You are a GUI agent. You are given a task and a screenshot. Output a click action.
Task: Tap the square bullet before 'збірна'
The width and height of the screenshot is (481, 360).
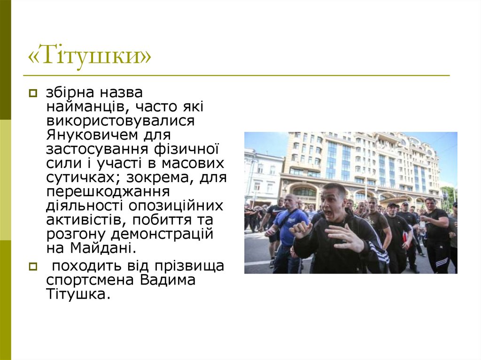[x=32, y=94]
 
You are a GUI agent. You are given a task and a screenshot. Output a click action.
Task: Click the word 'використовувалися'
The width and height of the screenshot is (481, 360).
[x=120, y=122]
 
